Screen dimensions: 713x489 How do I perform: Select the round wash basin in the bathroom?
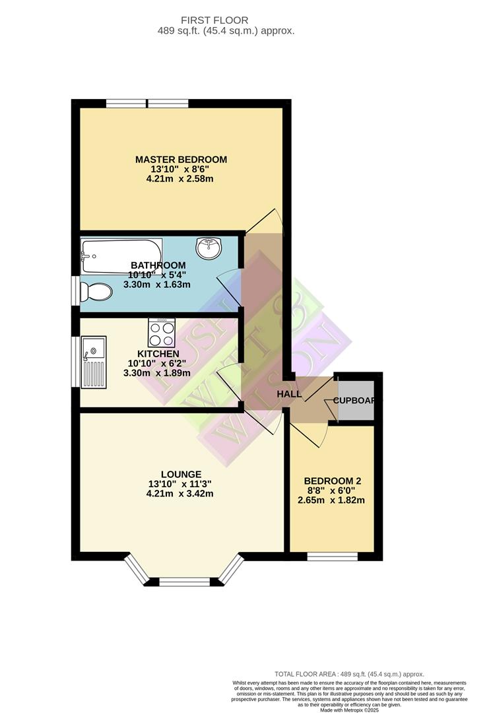pyautogui.click(x=209, y=249)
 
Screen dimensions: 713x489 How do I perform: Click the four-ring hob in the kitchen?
pyautogui.click(x=162, y=333)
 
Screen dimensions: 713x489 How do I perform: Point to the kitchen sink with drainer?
pyautogui.click(x=94, y=362)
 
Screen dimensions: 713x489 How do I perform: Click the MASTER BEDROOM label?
pyautogui.click(x=181, y=159)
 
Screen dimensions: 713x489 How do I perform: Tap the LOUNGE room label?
pyautogui.click(x=181, y=473)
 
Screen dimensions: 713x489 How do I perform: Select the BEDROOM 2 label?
pyautogui.click(x=333, y=481)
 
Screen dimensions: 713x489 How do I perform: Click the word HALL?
pyautogui.click(x=289, y=394)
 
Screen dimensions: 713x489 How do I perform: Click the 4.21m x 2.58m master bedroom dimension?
pyautogui.click(x=181, y=178)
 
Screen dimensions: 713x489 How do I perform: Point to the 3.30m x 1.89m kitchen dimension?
pyautogui.click(x=157, y=372)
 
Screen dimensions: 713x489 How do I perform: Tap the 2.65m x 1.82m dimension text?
pyautogui.click(x=331, y=500)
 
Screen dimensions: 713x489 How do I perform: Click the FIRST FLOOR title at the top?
pyautogui.click(x=226, y=20)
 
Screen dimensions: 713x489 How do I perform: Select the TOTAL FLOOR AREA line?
pyautogui.click(x=349, y=673)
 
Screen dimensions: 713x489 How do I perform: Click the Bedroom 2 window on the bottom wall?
pyautogui.click(x=333, y=556)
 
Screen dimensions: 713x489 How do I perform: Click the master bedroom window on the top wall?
pyautogui.click(x=147, y=103)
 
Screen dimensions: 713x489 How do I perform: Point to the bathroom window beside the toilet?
pyautogui.click(x=75, y=289)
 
